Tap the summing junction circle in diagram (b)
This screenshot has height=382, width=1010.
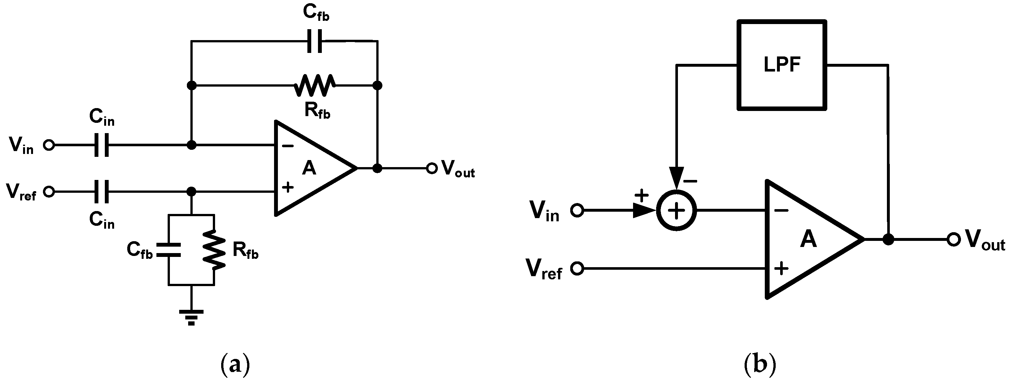coord(676,211)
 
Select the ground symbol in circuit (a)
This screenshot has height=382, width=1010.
coord(191,317)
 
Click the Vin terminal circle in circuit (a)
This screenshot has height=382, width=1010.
coord(49,145)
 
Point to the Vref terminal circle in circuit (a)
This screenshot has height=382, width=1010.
coord(49,192)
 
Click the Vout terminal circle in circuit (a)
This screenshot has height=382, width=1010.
coord(432,169)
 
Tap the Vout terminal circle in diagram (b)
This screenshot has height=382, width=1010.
coord(953,239)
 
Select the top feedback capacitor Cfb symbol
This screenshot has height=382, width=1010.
coord(314,40)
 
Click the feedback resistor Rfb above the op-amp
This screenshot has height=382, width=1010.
coord(314,85)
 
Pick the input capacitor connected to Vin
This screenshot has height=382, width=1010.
coord(102,145)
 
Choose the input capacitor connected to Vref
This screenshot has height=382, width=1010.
coord(102,192)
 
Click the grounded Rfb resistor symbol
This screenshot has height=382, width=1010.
coord(214,250)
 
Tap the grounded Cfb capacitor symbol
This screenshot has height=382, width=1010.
coord(169,250)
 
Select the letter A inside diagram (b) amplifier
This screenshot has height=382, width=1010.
coord(808,239)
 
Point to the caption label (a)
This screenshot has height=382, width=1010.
coord(235,364)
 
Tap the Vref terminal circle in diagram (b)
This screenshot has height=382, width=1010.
coord(577,269)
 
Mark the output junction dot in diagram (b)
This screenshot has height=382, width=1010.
coord(888,239)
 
